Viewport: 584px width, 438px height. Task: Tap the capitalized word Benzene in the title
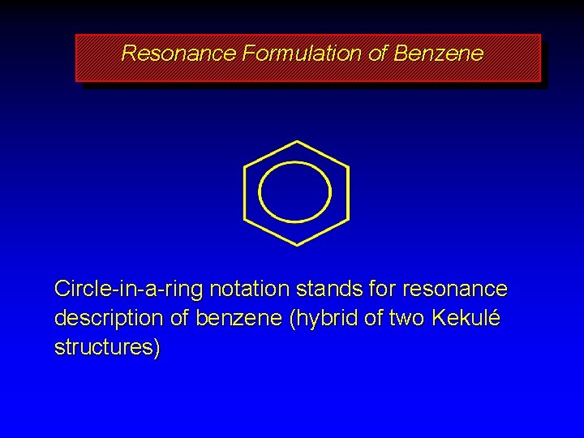point(438,54)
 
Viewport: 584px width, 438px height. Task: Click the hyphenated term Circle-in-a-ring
point(129,289)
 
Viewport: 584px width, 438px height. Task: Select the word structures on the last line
point(105,348)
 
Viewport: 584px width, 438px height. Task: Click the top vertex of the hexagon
point(296,142)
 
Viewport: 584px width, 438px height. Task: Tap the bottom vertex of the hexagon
point(296,244)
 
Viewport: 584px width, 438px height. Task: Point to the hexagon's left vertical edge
point(245,193)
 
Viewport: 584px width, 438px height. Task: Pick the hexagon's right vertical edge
point(348,193)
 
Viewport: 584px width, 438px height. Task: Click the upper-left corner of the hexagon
point(245,167)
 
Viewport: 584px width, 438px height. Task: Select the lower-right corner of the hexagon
point(348,219)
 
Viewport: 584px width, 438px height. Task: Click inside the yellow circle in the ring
point(295,193)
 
